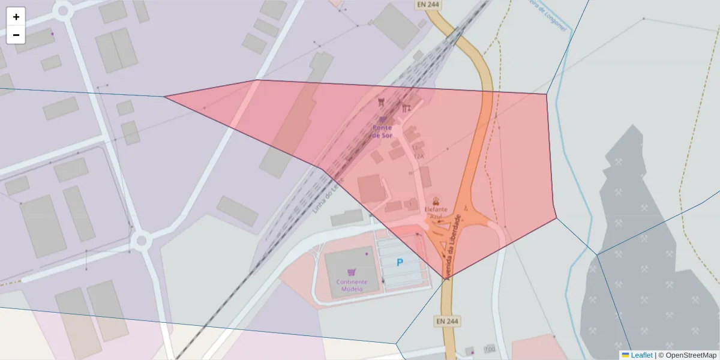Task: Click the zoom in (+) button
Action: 16,17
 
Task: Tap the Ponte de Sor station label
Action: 382,131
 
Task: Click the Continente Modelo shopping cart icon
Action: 351,272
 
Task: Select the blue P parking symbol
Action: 400,262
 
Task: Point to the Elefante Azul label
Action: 436,212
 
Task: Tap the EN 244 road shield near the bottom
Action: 447,322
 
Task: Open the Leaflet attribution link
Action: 641,355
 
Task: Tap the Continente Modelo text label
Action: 352,285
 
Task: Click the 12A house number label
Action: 419,156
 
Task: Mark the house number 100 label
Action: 490,349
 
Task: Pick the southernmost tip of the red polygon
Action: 445,279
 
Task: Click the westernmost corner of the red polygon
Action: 164,96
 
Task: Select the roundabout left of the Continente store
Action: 142,241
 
